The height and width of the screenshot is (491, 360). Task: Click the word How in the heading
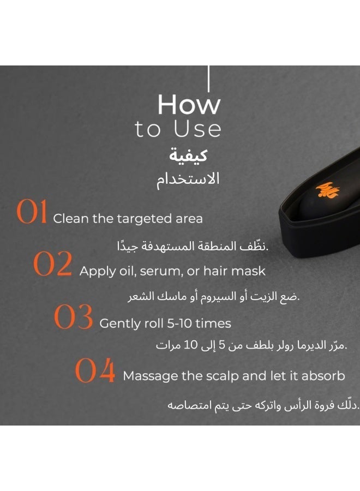pos(189,105)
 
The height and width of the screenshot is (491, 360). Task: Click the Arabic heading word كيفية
pos(188,155)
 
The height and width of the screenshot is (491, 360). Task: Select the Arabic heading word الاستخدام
pos(188,178)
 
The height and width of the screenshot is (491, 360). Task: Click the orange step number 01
pos(32,213)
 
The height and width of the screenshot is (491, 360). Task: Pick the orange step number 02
pos(52,265)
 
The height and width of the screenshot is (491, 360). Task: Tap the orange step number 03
pos(74,318)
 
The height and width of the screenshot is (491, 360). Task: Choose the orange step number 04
pos(95,372)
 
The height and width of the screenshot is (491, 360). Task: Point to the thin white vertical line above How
pos(208,79)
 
